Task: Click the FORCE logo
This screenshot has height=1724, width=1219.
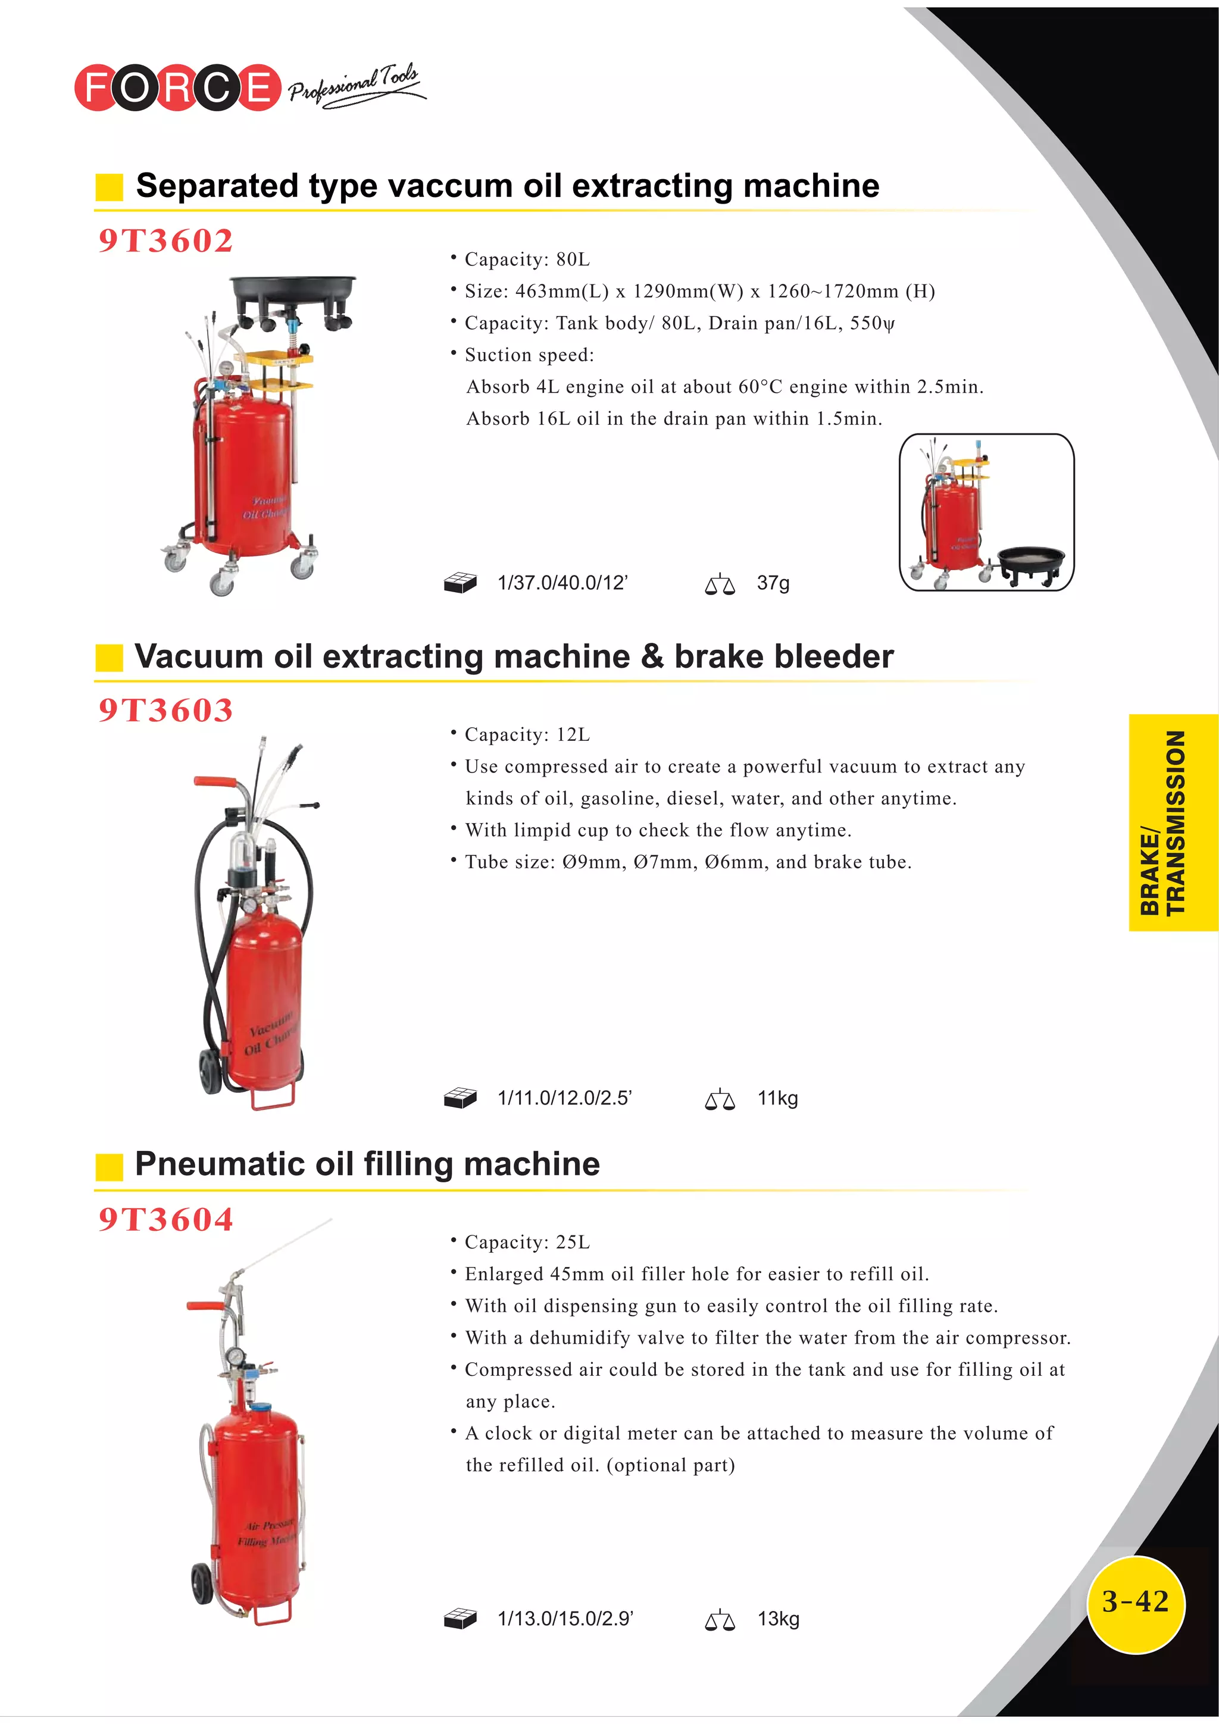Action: pyautogui.click(x=177, y=87)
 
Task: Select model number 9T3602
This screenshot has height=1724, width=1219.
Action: pyautogui.click(x=166, y=240)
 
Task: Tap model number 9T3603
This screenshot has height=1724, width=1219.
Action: pyautogui.click(x=166, y=711)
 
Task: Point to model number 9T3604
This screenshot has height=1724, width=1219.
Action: pyautogui.click(x=166, y=1219)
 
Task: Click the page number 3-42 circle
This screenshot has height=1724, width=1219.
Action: pyautogui.click(x=1135, y=1603)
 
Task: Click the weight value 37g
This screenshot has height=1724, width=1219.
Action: pyautogui.click(x=773, y=583)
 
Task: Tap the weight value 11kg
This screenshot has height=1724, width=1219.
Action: pyautogui.click(x=777, y=1098)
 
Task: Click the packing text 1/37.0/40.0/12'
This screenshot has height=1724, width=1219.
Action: pyautogui.click(x=562, y=583)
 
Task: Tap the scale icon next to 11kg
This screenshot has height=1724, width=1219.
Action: pyautogui.click(x=720, y=1100)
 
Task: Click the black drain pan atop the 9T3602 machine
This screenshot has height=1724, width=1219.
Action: pyautogui.click(x=293, y=289)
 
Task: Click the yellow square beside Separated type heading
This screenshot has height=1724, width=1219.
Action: pyautogui.click(x=109, y=187)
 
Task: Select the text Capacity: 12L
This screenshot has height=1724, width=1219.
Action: pyautogui.click(x=527, y=734)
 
